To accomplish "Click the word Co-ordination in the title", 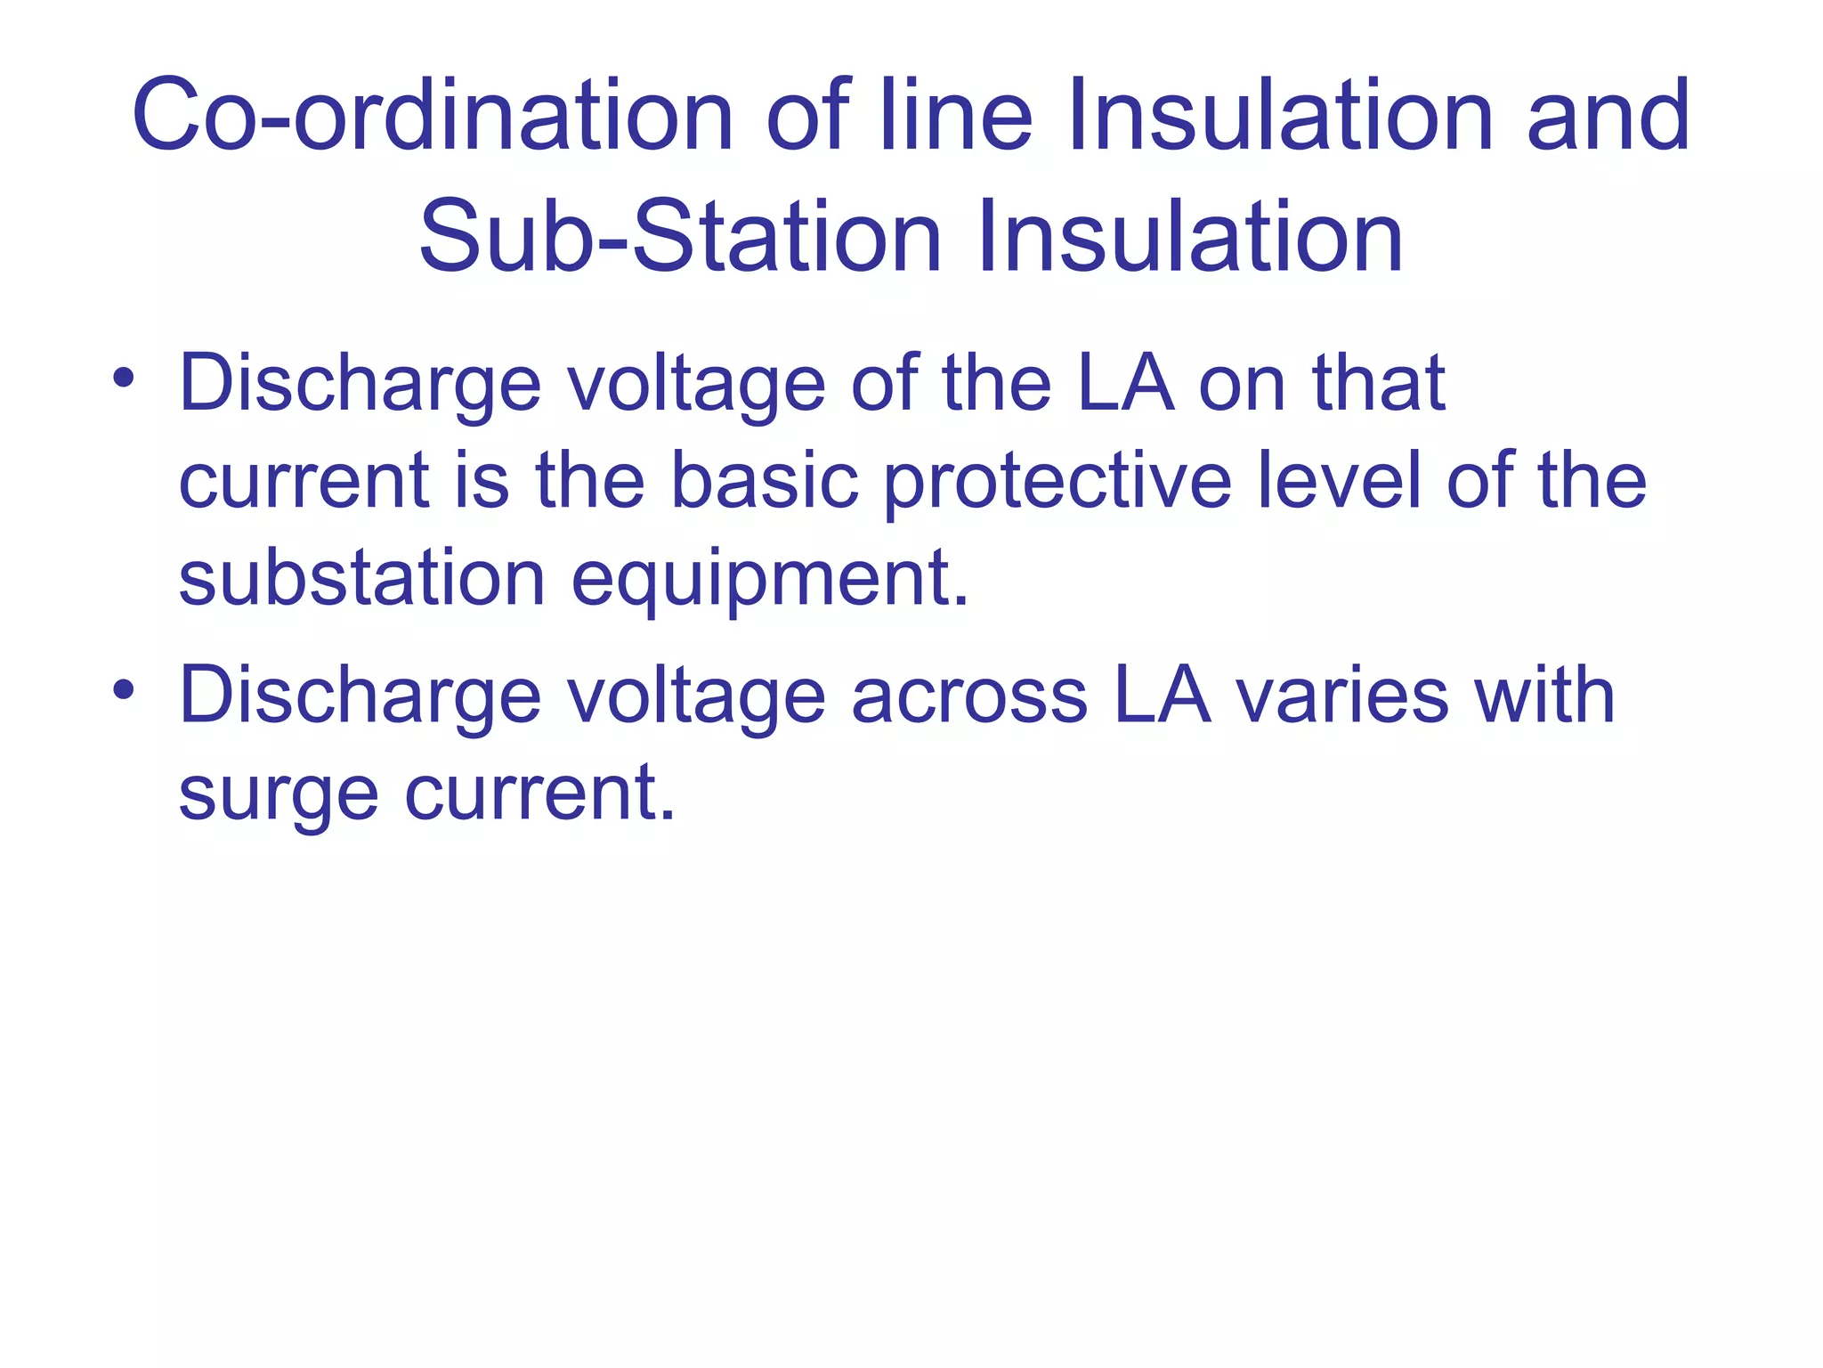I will pyautogui.click(x=433, y=116).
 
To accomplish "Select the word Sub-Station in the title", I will pyautogui.click(x=680, y=237).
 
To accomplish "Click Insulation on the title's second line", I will pyautogui.click(x=1190, y=237).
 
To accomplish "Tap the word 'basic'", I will pyautogui.click(x=764, y=481).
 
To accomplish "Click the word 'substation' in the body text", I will pyautogui.click(x=361, y=578).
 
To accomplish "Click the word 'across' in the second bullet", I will pyautogui.click(x=969, y=696).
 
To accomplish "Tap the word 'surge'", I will pyautogui.click(x=279, y=795).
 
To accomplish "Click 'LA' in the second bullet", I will pyautogui.click(x=1162, y=696).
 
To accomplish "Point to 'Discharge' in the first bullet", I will pyautogui.click(x=361, y=384).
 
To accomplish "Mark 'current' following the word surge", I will pyautogui.click(x=539, y=794).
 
